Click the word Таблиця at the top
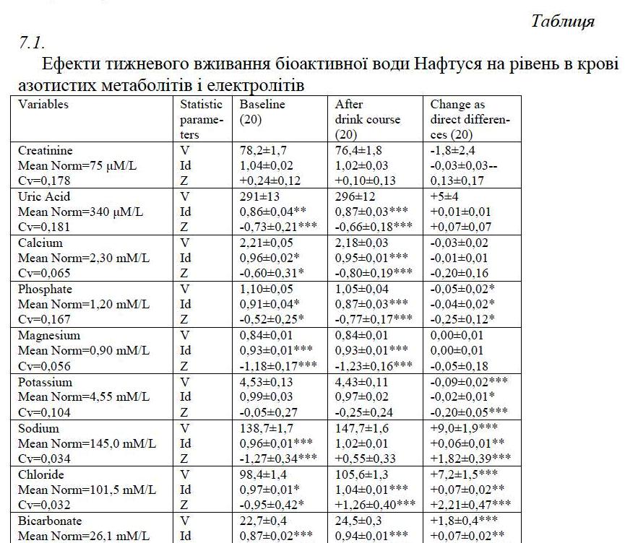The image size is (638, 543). (x=562, y=21)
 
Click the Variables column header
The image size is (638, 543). (x=43, y=105)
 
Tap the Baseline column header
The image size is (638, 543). (x=262, y=105)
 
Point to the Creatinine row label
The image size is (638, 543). (x=45, y=151)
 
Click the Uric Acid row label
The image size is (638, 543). (x=44, y=196)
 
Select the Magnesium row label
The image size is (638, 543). (x=49, y=336)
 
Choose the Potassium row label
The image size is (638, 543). (x=46, y=382)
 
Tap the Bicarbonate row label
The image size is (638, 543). (x=50, y=521)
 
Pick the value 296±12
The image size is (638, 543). (x=356, y=196)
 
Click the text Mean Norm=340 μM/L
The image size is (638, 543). (x=77, y=212)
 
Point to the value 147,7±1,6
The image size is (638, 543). (x=363, y=428)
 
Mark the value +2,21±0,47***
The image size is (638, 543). (x=470, y=505)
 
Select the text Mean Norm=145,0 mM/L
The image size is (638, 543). (x=87, y=443)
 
